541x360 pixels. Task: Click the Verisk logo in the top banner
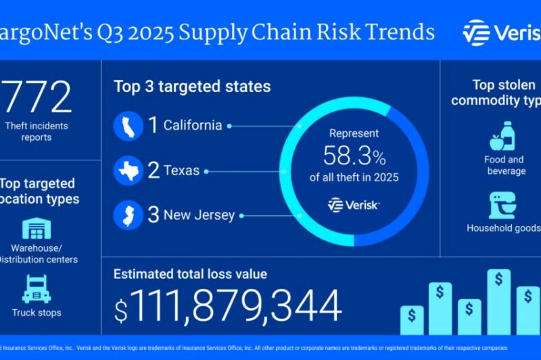501,32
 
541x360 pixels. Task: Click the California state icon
128,126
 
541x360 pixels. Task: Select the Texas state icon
128,171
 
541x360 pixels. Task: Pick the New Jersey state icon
128,215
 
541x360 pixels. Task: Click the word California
193,126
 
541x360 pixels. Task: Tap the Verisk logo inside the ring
354,204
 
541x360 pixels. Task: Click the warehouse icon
37,229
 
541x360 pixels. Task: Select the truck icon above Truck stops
37,289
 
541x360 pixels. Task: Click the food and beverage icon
504,137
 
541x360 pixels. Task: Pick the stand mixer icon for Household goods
503,205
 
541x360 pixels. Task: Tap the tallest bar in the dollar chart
499,301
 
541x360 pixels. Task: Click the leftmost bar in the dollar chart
412,319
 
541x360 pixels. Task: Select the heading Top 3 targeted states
192,87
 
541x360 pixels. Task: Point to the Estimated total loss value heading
190,274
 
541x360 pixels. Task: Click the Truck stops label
37,313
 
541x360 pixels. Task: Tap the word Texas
182,171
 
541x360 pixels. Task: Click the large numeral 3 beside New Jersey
154,215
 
